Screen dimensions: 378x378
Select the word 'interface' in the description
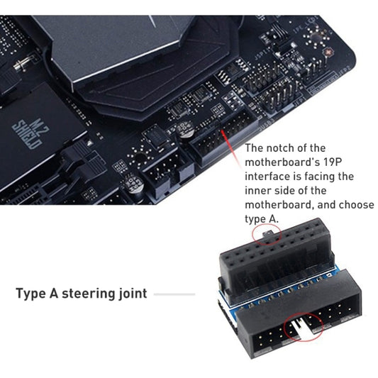tap(269, 176)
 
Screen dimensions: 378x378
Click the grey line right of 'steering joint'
tap(174, 294)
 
